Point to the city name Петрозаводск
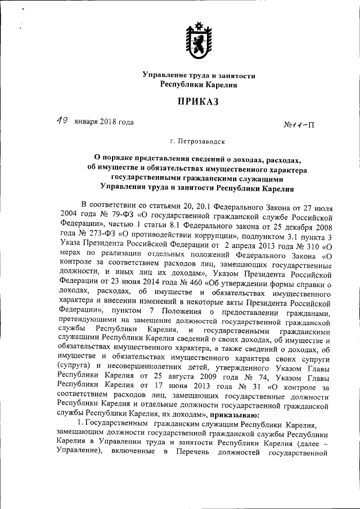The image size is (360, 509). point(192,143)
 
